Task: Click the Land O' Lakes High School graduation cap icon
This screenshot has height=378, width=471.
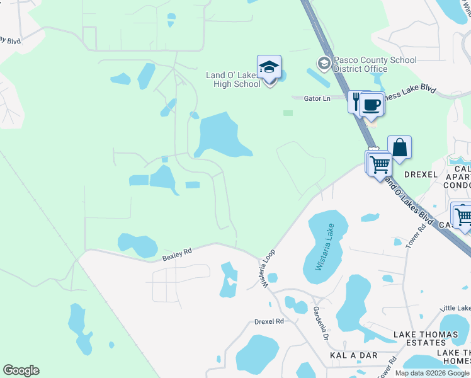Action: coord(269,67)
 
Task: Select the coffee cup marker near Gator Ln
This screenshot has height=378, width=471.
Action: coord(372,104)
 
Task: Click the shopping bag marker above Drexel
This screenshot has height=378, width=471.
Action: coord(399,147)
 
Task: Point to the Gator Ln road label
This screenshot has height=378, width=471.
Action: coord(317,98)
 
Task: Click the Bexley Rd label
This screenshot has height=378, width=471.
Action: coord(176,256)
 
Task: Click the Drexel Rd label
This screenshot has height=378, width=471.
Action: coord(270,321)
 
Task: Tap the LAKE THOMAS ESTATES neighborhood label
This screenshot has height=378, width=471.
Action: coord(419,338)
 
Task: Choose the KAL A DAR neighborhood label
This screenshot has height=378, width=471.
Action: coord(354,356)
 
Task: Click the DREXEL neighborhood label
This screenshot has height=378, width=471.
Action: coord(421,174)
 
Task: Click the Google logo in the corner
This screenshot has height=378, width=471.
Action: coord(21,370)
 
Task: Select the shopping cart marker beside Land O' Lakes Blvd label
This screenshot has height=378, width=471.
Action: coord(380,164)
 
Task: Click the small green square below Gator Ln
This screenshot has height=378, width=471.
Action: coord(288,113)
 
